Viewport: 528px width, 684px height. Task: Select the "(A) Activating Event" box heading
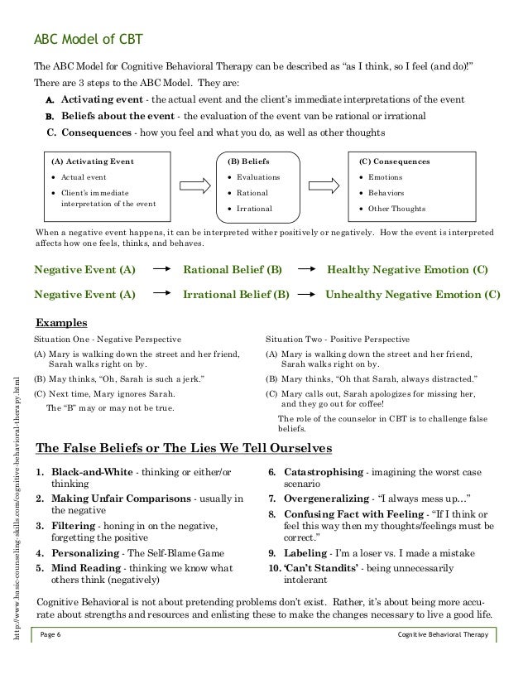[93, 161]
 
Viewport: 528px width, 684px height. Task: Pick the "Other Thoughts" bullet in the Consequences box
[396, 208]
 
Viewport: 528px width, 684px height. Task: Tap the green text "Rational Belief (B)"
[233, 270]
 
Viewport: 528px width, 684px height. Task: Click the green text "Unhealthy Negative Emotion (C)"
[413, 293]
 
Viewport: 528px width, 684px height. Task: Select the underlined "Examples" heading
[60, 322]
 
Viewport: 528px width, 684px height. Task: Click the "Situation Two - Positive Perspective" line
[337, 339]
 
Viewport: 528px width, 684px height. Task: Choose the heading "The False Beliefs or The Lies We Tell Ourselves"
[185, 448]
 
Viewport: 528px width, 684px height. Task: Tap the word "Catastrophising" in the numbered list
[319, 471]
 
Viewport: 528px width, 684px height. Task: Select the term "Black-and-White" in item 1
[90, 471]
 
